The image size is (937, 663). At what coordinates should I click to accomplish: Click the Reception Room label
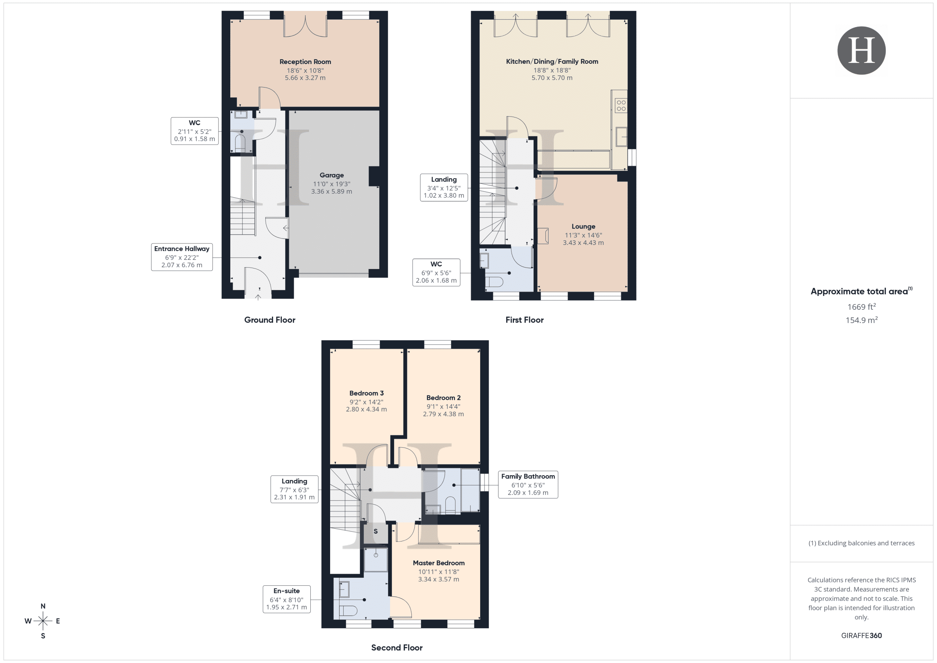[305, 62]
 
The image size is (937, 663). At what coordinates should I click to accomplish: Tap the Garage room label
[331, 175]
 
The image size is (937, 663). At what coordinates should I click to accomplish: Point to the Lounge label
[583, 226]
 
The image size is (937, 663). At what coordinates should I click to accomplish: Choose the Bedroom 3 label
[366, 393]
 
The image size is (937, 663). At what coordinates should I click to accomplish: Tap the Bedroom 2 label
[443, 398]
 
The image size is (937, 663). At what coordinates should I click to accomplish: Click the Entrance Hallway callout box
[182, 257]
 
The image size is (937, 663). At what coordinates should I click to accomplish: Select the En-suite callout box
[287, 599]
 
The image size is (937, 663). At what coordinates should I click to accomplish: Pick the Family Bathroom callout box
[528, 484]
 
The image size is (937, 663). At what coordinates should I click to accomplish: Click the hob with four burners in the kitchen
[621, 105]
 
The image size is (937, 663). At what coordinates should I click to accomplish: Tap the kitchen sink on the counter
[621, 136]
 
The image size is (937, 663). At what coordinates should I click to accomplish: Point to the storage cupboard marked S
[376, 532]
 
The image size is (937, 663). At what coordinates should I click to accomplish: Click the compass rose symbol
[43, 621]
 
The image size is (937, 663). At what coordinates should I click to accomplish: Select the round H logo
[861, 51]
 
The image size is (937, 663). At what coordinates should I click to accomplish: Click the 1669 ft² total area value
[861, 306]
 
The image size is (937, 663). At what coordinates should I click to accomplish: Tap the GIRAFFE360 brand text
[861, 636]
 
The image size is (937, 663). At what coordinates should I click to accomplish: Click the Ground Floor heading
[270, 320]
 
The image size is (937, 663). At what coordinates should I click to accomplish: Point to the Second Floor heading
[397, 648]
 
